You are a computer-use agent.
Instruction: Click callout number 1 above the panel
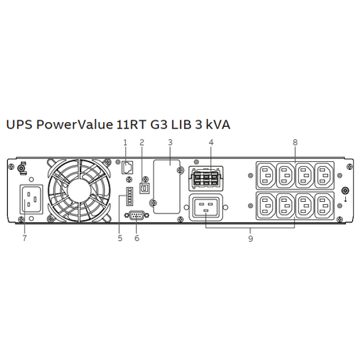pyautogui.click(x=125, y=142)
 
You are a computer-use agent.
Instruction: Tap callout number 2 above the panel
pyautogui.click(x=142, y=142)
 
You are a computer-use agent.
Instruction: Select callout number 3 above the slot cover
pyautogui.click(x=170, y=142)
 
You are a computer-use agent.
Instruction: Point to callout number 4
pyautogui.click(x=211, y=142)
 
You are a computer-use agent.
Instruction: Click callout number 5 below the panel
pyautogui.click(x=120, y=238)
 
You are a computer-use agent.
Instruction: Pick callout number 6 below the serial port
pyautogui.click(x=137, y=238)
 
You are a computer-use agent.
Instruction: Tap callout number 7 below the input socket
pyautogui.click(x=24, y=238)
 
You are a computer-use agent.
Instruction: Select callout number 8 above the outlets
pyautogui.click(x=295, y=142)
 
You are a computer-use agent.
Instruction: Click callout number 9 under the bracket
pyautogui.click(x=250, y=239)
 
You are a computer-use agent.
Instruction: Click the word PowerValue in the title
pyautogui.click(x=74, y=124)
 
